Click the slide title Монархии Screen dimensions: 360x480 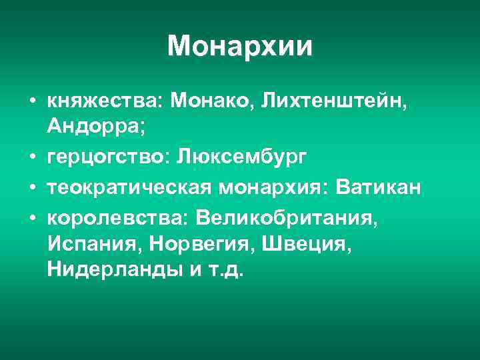[x=240, y=46]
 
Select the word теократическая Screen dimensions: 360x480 [x=129, y=189]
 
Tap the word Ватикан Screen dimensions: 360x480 [x=379, y=189]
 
